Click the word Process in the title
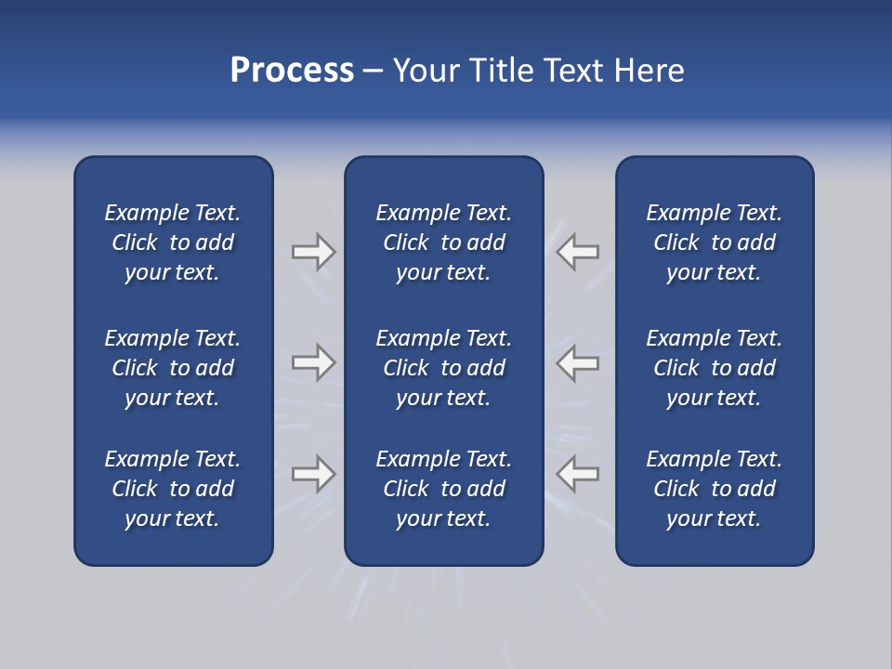point(292,71)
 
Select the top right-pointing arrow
point(314,252)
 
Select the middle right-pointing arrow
point(314,362)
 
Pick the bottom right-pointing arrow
point(314,474)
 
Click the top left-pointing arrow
point(577,252)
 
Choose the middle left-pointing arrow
point(577,362)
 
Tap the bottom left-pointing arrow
point(577,474)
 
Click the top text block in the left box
point(173,243)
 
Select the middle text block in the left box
point(173,368)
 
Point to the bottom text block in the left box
point(173,489)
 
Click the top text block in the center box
point(443,243)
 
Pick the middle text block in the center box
point(443,368)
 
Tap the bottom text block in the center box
point(443,489)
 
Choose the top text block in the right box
point(714,243)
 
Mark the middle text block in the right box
point(714,368)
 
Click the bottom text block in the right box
point(714,489)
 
